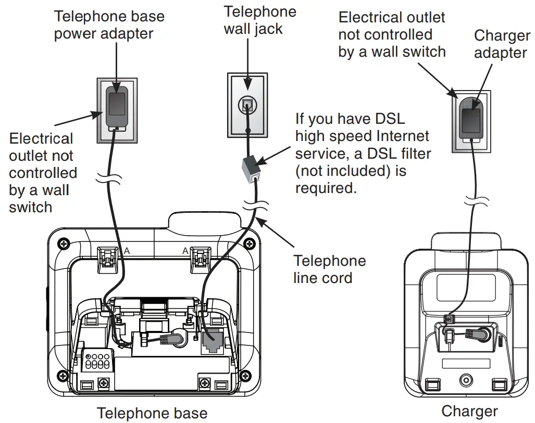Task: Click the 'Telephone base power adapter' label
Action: tap(109, 24)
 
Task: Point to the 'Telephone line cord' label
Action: tap(329, 268)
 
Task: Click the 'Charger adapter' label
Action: tap(502, 44)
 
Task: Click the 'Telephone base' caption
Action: tap(152, 413)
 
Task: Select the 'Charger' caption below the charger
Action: tap(469, 411)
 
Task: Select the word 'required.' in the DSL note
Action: tap(326, 188)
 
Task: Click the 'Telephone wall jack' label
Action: tap(259, 20)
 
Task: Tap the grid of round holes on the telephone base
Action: tap(98, 360)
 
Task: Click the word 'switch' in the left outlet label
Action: tap(30, 207)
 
